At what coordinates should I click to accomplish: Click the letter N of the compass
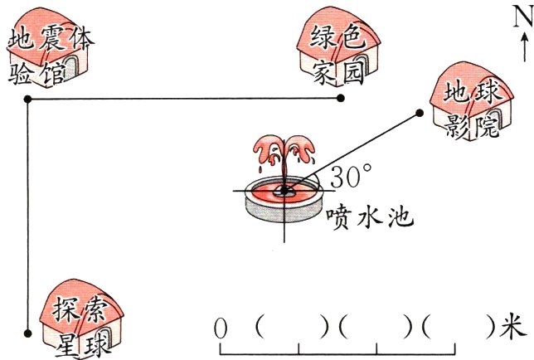(522, 17)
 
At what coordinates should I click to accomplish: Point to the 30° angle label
(350, 176)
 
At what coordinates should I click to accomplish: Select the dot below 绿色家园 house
(340, 99)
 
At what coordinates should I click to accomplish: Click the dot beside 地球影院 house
(420, 113)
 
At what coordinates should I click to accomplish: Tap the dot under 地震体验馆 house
(28, 99)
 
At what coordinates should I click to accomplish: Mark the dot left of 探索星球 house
(28, 333)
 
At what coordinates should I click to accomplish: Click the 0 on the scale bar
(221, 328)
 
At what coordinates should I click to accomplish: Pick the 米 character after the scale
(512, 328)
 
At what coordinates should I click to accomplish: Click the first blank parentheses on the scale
(292, 328)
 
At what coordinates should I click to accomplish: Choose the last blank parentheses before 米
(459, 328)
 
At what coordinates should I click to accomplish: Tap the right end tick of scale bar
(454, 348)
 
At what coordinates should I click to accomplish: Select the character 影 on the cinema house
(457, 126)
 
